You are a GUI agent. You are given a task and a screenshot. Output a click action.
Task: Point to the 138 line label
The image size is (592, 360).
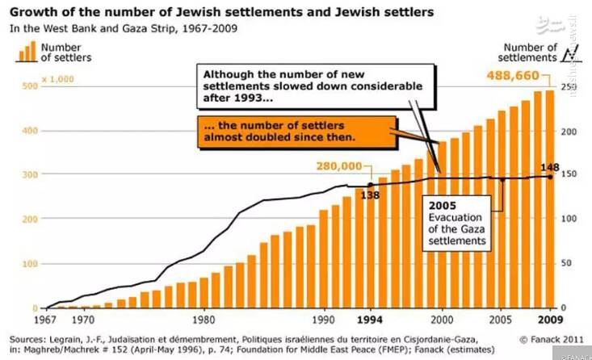371,195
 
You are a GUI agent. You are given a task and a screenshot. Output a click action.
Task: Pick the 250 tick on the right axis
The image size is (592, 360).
568,86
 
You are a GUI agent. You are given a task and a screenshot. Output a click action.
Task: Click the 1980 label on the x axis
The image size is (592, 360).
204,318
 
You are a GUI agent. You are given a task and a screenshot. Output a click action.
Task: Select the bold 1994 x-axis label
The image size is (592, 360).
370,318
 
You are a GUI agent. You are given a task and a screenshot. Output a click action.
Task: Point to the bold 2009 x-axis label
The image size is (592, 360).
549,318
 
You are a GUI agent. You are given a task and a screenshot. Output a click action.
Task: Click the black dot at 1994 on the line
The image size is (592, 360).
371,185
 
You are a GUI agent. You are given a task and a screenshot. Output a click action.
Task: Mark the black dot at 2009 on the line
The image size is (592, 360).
550,176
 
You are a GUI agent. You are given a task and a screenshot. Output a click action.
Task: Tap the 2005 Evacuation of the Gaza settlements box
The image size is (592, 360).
456,223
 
